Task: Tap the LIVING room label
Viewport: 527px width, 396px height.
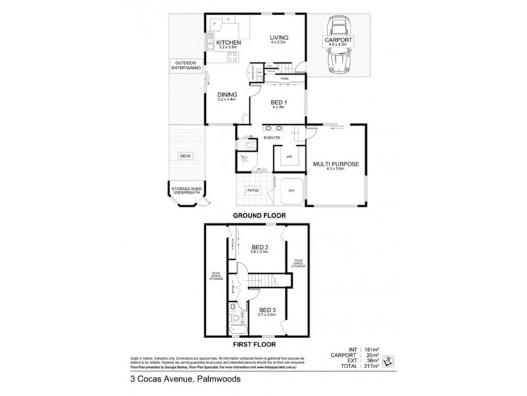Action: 279,38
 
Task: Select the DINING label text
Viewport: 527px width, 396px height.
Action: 227,94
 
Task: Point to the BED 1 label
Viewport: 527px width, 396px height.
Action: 279,103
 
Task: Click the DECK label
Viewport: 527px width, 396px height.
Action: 185,156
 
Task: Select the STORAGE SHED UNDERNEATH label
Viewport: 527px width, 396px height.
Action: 185,191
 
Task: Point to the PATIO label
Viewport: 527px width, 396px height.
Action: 252,191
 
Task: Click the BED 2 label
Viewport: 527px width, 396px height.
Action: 267,248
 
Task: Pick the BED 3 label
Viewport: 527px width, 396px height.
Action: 267,310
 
